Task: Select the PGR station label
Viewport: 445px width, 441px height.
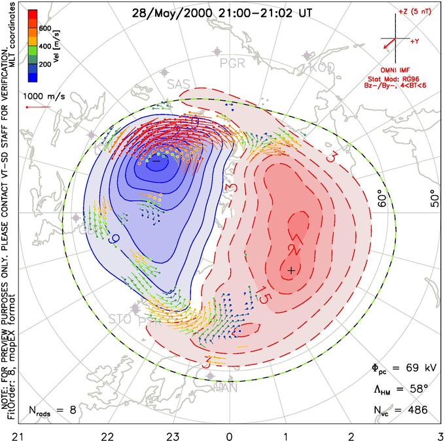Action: coord(234,63)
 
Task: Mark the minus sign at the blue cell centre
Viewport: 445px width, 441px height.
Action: coord(156,160)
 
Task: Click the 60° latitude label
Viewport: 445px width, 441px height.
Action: coord(383,200)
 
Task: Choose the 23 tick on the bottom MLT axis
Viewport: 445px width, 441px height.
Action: coord(173,433)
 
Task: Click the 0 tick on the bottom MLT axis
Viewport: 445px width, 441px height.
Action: coord(229,433)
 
